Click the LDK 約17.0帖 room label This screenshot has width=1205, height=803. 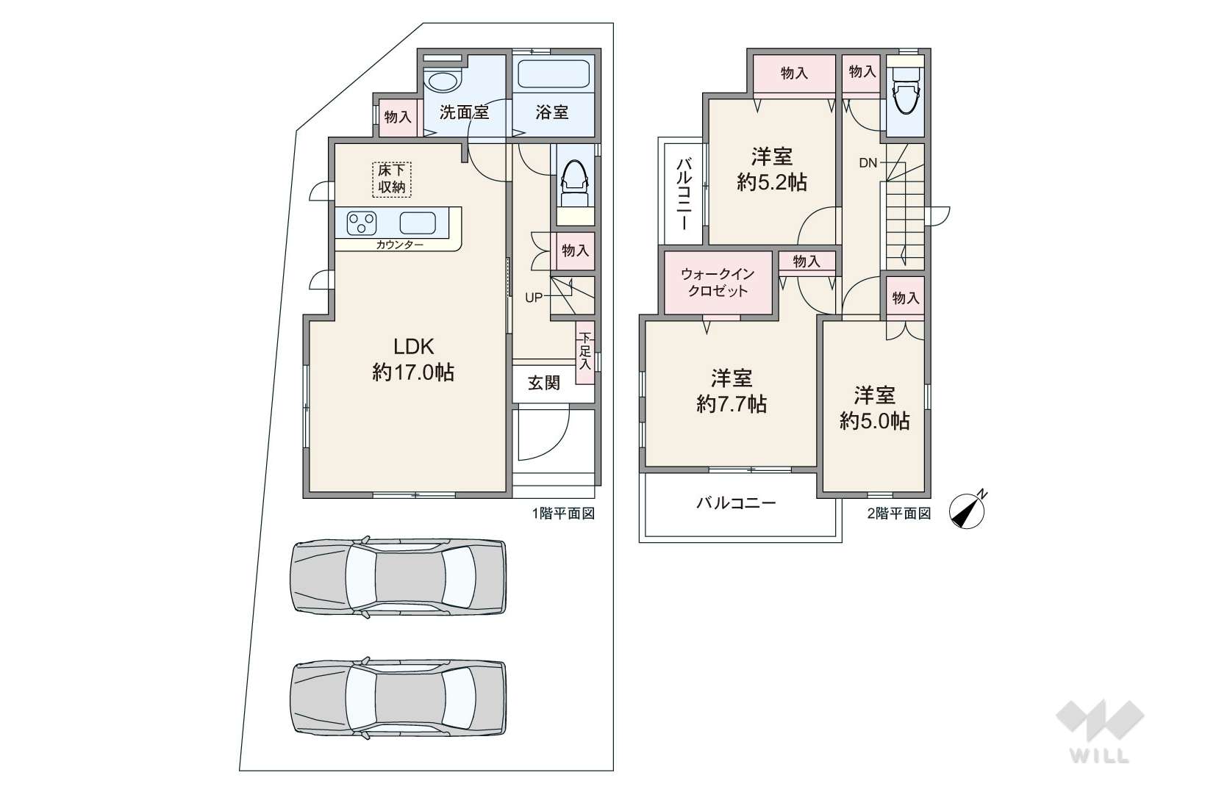(413, 359)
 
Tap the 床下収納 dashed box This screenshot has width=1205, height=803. (392, 179)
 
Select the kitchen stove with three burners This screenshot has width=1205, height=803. (362, 223)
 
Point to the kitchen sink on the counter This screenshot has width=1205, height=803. (418, 223)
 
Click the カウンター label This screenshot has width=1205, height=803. (400, 245)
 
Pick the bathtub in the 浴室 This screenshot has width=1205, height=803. (554, 73)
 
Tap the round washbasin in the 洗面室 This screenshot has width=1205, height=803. (442, 82)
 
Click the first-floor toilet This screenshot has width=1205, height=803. (575, 184)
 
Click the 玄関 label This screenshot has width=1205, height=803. (544, 383)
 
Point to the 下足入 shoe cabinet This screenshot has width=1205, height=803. (585, 352)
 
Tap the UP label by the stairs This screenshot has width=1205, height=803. (534, 298)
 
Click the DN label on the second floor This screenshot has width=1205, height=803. (868, 162)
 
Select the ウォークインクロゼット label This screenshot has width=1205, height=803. (718, 283)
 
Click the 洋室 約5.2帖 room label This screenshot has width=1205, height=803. (771, 169)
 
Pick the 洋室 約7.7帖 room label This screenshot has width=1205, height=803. (732, 391)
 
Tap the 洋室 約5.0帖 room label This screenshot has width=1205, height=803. (875, 408)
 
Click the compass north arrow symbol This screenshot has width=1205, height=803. (968, 510)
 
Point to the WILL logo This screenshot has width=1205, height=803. (1100, 732)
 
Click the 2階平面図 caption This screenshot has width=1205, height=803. (899, 514)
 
